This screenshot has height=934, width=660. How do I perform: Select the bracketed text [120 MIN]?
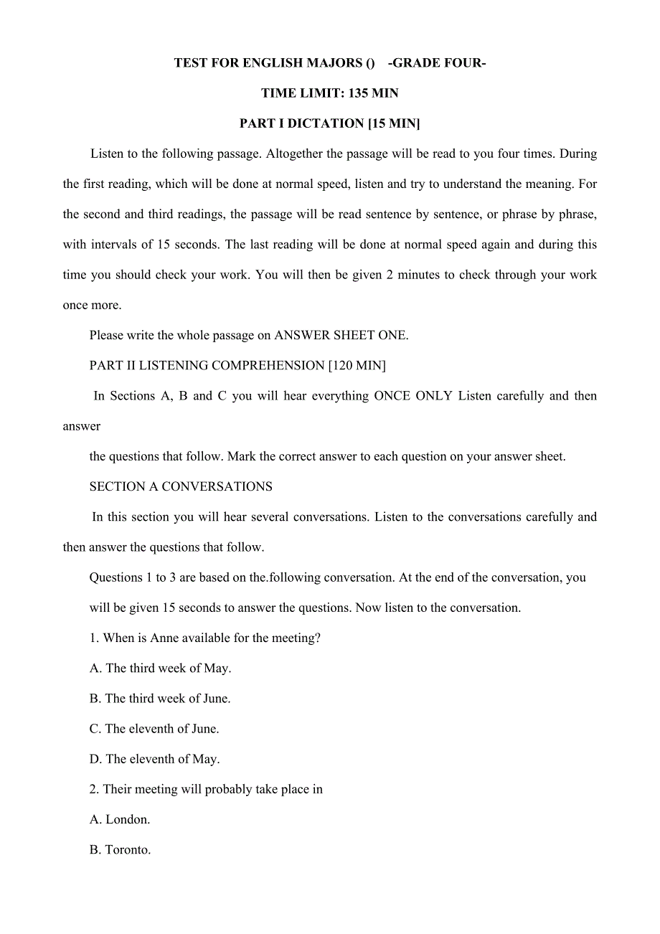(x=357, y=366)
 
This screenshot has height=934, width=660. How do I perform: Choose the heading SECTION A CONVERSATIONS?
(x=181, y=486)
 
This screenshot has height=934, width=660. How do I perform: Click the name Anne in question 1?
(x=164, y=638)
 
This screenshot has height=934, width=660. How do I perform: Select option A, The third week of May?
(x=161, y=668)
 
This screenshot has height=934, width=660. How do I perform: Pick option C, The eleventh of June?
(x=154, y=729)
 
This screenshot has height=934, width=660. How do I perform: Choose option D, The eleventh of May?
(x=155, y=759)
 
